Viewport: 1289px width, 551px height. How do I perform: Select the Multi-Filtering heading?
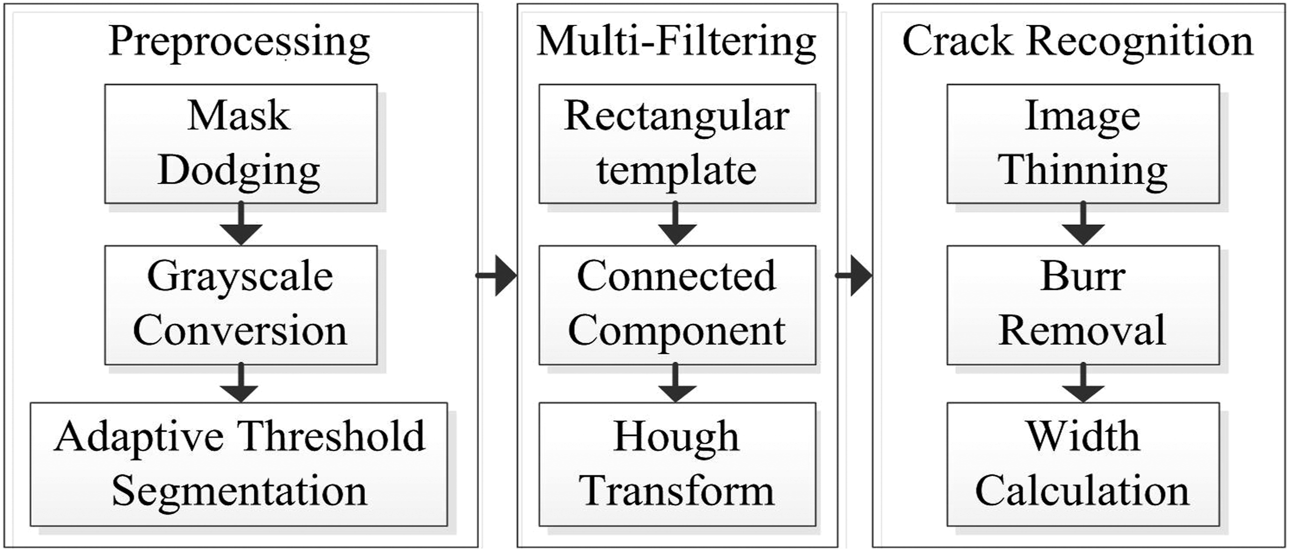[x=677, y=43]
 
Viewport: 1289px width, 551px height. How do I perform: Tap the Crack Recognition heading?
[x=1078, y=43]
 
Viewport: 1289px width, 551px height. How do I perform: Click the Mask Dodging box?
[x=241, y=144]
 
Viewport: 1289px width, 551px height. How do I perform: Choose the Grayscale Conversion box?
[x=241, y=305]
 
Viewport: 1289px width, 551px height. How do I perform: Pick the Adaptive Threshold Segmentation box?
[x=239, y=464]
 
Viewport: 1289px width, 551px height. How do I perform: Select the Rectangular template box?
[x=677, y=144]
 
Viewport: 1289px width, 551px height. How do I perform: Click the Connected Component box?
[x=677, y=305]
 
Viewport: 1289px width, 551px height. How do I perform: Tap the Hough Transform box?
[x=677, y=464]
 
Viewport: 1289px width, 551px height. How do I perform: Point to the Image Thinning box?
[x=1083, y=144]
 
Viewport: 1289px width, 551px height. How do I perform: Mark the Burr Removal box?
[x=1083, y=305]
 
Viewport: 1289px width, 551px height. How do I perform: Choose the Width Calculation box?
[x=1083, y=464]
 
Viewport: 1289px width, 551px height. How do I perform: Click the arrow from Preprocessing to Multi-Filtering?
[x=496, y=275]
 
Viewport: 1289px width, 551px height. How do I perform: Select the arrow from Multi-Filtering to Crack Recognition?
[x=854, y=275]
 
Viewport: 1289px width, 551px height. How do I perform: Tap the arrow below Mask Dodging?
[x=241, y=223]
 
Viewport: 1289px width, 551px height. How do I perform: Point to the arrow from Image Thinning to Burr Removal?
[x=1083, y=223]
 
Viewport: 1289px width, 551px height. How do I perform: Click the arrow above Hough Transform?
[x=677, y=383]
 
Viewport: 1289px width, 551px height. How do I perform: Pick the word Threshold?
[x=331, y=437]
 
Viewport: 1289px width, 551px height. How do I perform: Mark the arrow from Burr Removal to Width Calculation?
[x=1083, y=383]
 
